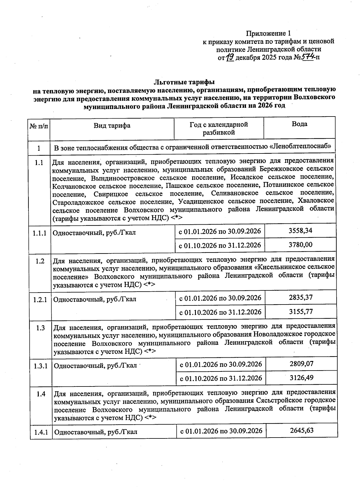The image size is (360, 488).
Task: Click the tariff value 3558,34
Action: tap(300, 231)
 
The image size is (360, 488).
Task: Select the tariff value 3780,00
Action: tap(300, 245)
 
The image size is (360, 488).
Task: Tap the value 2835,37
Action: tap(301, 297)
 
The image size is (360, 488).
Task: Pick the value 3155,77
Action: tap(301, 311)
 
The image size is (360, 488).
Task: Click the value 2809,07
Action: tap(301, 364)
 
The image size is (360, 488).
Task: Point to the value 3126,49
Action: tap(301, 377)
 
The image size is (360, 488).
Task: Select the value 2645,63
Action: tap(301, 430)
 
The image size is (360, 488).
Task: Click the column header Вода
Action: tap(299, 124)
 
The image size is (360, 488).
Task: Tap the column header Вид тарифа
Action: tap(112, 126)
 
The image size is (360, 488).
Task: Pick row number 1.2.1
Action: tap(40, 299)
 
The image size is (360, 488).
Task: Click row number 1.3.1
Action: tap(40, 366)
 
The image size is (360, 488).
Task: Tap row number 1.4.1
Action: tap(41, 432)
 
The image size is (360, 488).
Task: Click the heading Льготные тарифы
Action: tap(184, 82)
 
